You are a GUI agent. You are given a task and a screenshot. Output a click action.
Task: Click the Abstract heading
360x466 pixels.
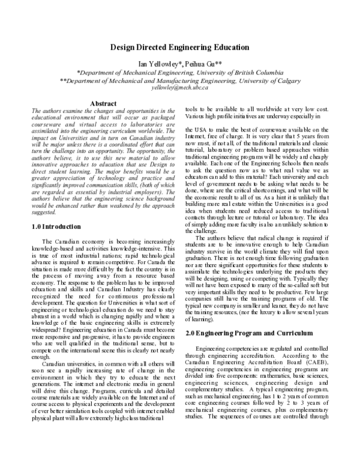click(106, 104)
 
